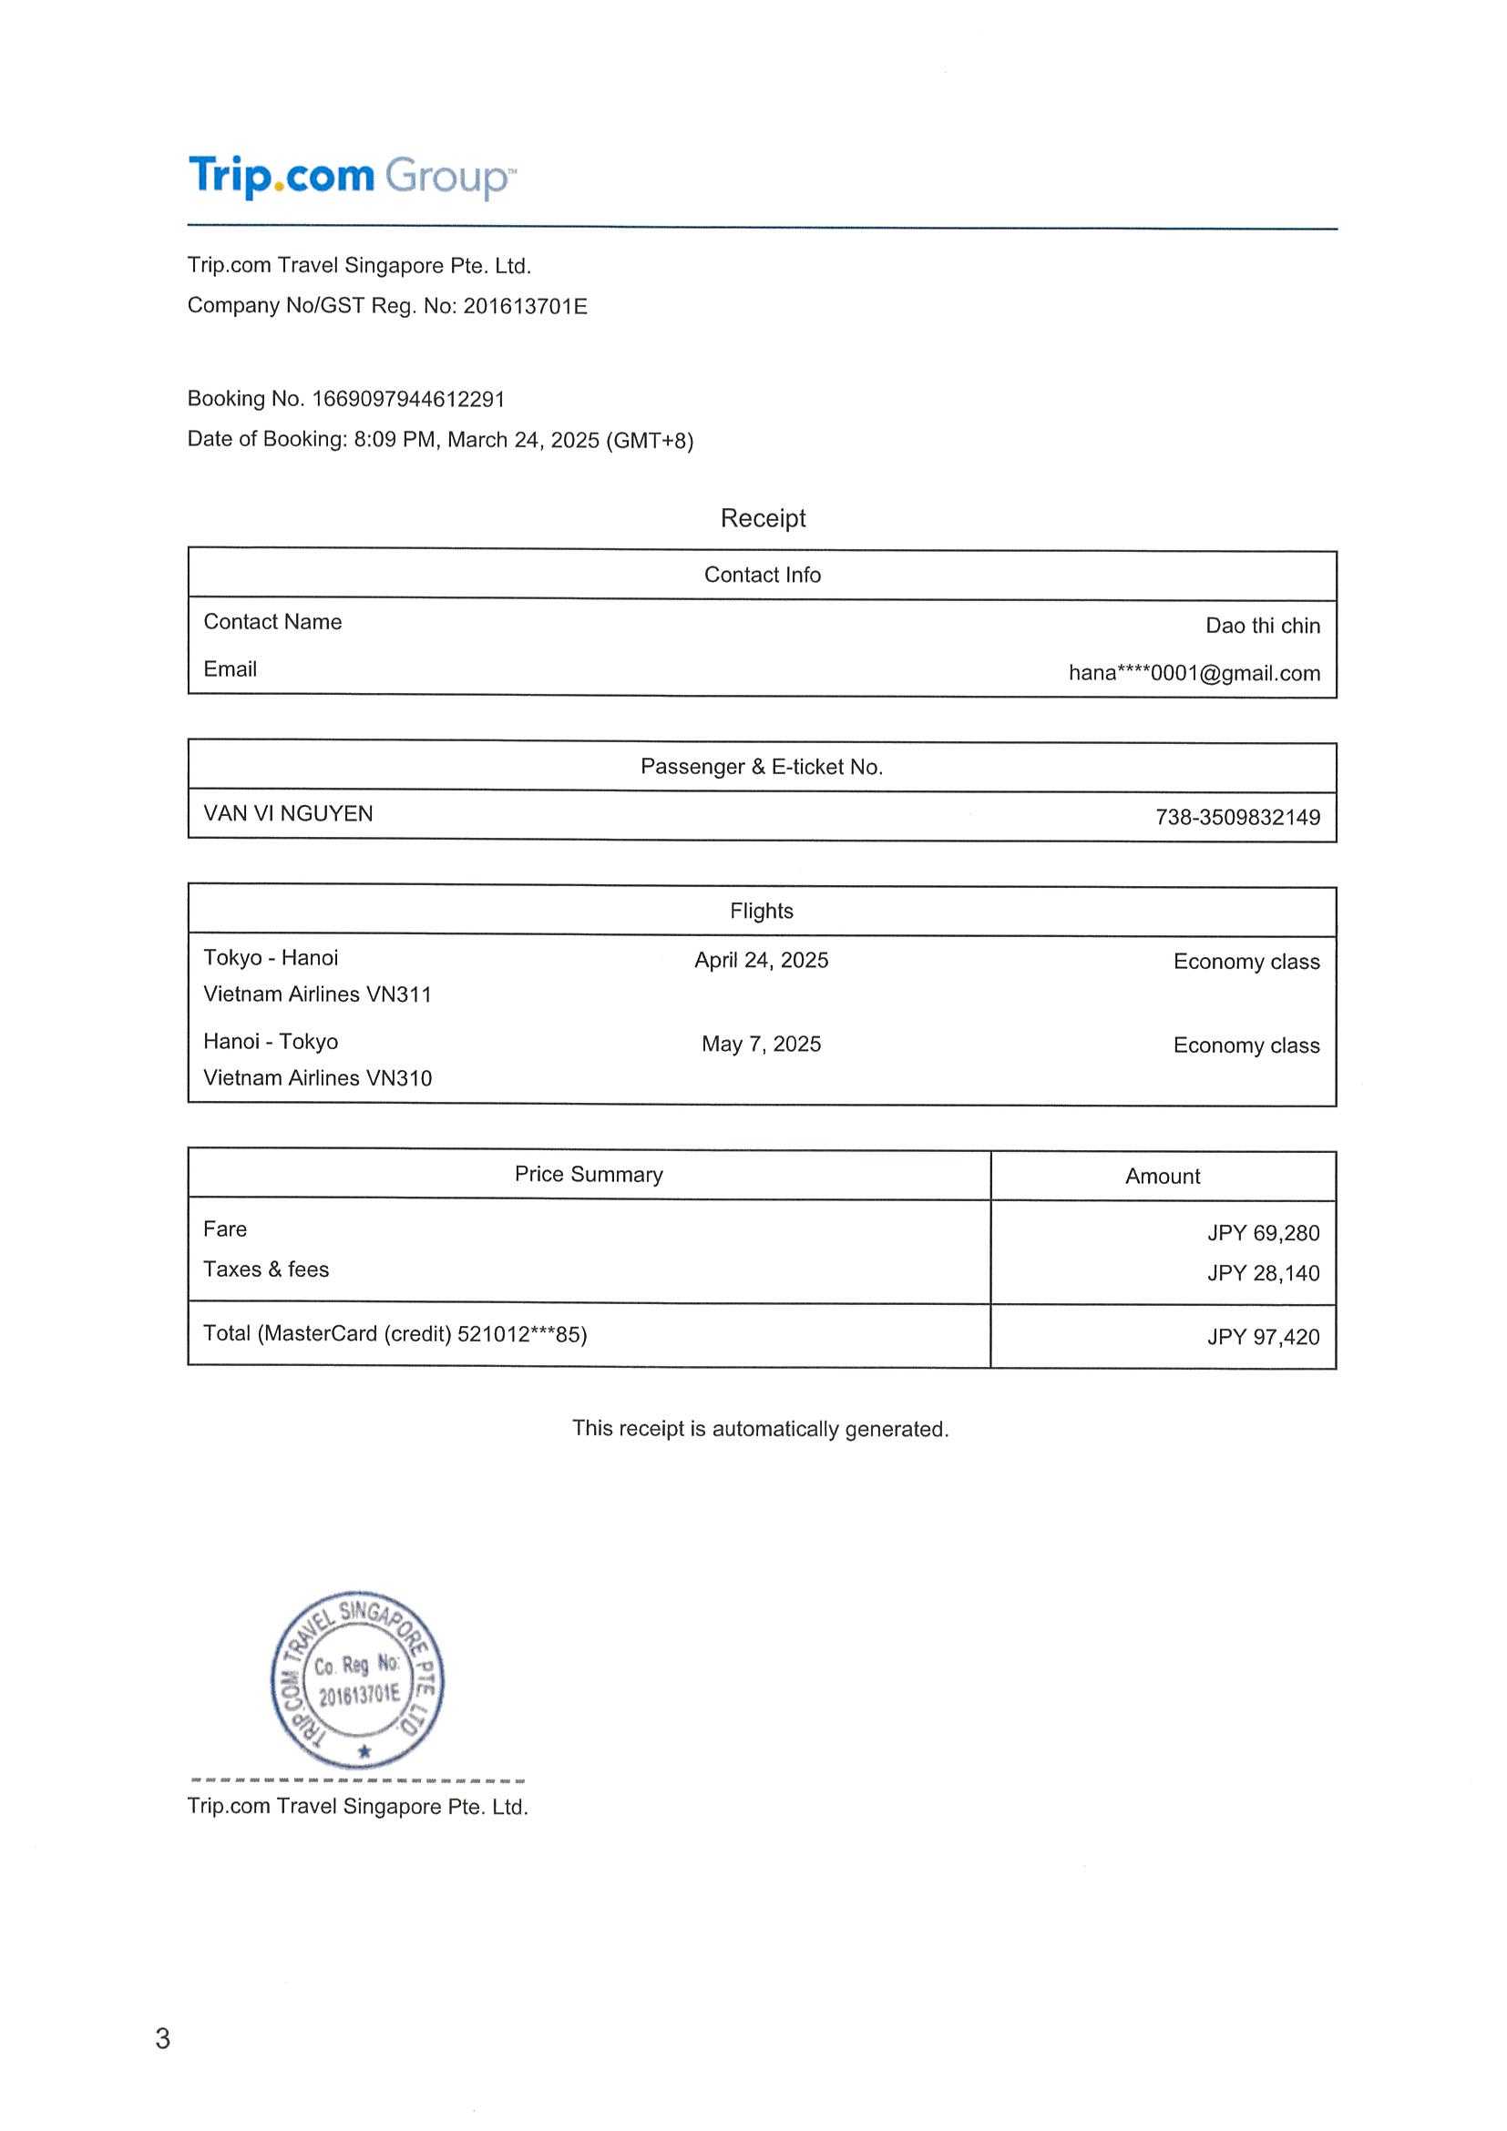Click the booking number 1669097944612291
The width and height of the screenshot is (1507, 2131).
point(407,399)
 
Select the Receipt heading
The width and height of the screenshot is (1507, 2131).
point(763,518)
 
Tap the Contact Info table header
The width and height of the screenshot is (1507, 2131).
point(763,575)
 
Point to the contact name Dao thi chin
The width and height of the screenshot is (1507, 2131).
point(1262,626)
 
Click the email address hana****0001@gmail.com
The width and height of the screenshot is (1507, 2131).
point(1194,673)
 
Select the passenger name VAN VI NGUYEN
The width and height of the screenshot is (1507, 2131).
point(288,813)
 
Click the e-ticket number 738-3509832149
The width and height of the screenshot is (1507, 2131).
point(1236,817)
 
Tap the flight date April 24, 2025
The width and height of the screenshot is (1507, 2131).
point(762,960)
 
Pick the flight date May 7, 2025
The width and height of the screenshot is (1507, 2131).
point(762,1044)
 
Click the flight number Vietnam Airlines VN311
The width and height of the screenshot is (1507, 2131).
point(318,994)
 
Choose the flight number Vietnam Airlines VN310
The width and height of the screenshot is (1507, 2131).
point(318,1077)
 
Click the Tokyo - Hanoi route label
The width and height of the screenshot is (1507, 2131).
point(271,958)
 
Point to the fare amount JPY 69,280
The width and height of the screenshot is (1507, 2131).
point(1263,1232)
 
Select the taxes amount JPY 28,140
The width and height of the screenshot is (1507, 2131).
point(1263,1272)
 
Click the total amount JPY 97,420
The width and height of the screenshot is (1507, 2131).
point(1263,1337)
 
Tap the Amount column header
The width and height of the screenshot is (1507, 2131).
point(1163,1176)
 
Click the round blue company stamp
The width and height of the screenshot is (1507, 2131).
point(357,1681)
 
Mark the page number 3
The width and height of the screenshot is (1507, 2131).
point(162,2039)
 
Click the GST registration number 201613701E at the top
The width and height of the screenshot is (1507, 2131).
point(525,306)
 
